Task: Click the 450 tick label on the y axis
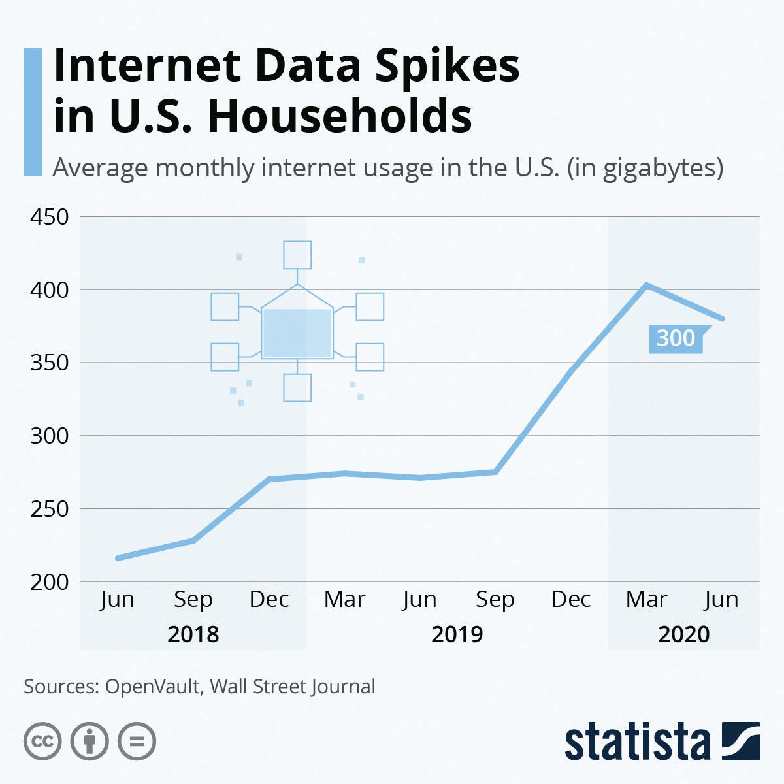[x=50, y=217]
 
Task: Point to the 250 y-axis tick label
[x=50, y=509]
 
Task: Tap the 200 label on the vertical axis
[x=50, y=582]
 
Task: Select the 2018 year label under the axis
[x=193, y=634]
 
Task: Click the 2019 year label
[x=457, y=634]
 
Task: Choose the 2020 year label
[x=683, y=634]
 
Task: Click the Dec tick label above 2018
[x=269, y=599]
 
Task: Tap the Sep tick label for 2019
[x=495, y=599]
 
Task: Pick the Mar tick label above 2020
[x=647, y=599]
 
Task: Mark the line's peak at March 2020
[x=646, y=285]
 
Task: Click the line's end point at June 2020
[x=723, y=319]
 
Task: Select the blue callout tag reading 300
[x=676, y=339]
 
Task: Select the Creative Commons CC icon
[x=42, y=742]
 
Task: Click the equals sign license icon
[x=137, y=742]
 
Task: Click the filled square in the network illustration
[x=297, y=333]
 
